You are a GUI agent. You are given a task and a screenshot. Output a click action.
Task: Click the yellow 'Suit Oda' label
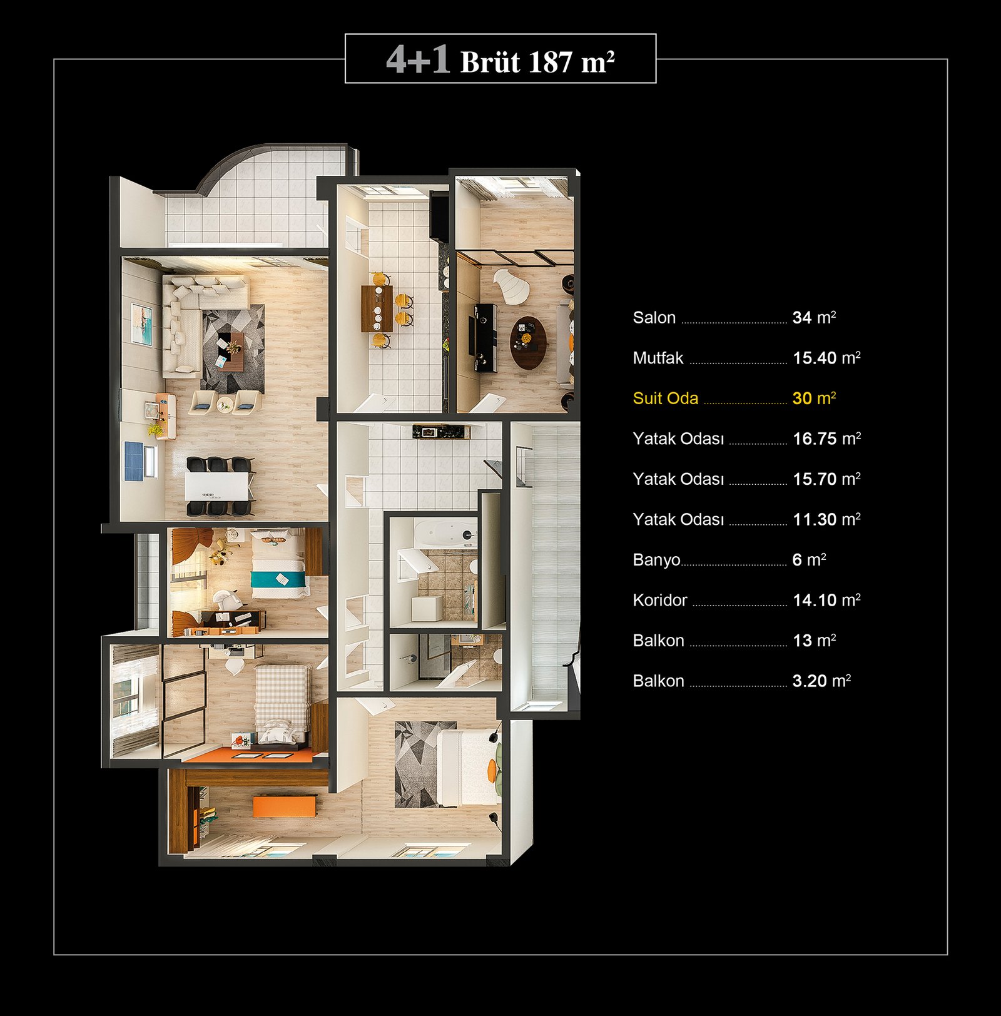point(665,399)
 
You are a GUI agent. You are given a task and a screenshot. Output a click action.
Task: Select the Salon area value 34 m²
point(814,317)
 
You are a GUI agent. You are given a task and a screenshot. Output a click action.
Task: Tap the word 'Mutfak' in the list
point(658,358)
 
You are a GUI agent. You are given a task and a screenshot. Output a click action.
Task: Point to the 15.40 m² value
point(826,358)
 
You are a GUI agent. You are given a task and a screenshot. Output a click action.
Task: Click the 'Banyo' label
point(656,560)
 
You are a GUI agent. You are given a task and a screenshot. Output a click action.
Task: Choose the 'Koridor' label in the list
point(660,600)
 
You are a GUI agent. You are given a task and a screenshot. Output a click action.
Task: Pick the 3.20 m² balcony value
point(821,681)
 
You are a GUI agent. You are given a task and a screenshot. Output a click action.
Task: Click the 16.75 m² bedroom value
point(826,439)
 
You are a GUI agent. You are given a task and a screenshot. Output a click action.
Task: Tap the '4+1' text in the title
point(418,60)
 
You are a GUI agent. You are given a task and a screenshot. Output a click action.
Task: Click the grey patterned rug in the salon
point(233,348)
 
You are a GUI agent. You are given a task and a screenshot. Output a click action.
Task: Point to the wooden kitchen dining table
point(377,308)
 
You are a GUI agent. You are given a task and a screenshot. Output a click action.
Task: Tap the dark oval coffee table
point(528,343)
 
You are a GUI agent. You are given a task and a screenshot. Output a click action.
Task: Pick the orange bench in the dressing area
point(284,806)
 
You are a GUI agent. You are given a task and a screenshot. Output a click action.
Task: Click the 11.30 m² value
point(826,519)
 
